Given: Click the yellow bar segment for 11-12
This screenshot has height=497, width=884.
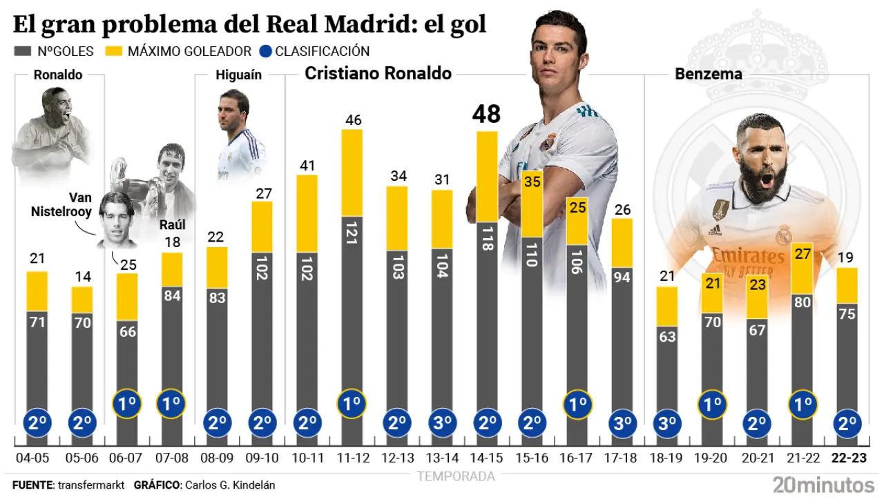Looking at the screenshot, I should pos(352,173).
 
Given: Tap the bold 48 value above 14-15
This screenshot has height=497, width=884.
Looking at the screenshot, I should pos(486,115).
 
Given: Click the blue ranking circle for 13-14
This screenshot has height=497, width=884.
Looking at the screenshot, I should pos(442,422).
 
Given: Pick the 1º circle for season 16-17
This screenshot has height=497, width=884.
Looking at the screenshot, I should pos(577,403).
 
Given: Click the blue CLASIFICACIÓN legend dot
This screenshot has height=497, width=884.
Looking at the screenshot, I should pos(267,51).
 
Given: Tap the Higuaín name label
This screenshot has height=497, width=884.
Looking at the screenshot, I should pos(238,75).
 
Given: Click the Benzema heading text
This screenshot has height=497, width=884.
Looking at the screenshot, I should pos(708,74).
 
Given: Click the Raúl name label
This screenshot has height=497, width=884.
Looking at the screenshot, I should pos(172,224).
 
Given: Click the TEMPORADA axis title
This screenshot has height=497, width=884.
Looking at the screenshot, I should pos(456,476).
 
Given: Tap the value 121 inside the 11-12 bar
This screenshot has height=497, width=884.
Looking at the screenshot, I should pos(352,235).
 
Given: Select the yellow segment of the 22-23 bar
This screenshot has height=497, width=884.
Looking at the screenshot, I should pos(847,285).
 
